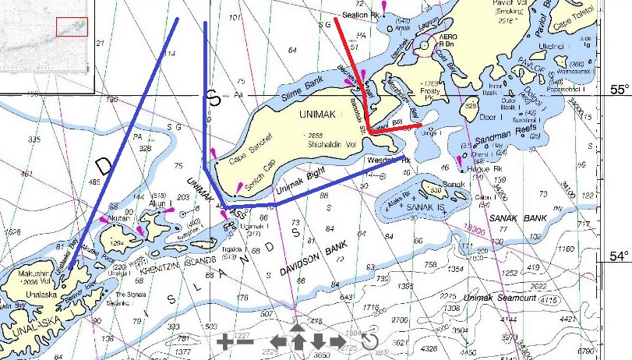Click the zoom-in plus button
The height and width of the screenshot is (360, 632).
coord(224,341)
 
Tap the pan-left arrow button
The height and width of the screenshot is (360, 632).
coord(278,341)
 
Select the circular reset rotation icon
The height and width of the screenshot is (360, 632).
coord(369,341)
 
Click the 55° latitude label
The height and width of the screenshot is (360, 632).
coord(618,90)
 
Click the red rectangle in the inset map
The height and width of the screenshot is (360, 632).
coord(71,26)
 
